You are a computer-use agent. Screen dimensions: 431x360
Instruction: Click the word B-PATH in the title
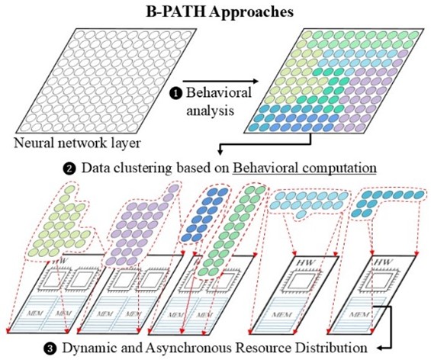pos(175,11)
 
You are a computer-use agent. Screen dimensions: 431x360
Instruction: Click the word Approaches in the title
pos(251,13)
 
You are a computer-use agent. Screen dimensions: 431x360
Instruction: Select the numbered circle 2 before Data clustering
pos(69,169)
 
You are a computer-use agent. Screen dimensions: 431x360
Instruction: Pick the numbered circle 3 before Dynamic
pos(50,349)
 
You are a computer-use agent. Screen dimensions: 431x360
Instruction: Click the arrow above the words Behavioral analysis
pos(220,81)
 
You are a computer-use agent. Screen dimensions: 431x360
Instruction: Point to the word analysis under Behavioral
pos(211,111)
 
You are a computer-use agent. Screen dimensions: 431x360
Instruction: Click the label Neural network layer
pos(77,143)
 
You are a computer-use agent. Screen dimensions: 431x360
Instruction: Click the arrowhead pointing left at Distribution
pos(380,349)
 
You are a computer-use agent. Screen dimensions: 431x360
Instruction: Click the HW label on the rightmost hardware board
pos(383,262)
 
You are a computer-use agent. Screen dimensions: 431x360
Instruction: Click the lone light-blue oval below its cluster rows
pos(301,214)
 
